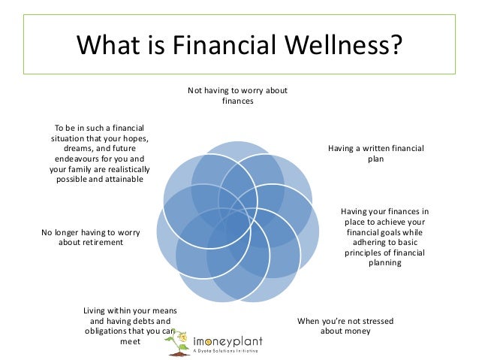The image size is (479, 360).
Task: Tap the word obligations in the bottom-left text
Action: [x=110, y=331]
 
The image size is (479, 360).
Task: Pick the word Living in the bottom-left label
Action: [x=96, y=310]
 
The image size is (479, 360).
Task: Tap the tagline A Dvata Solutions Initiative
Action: [x=229, y=351]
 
